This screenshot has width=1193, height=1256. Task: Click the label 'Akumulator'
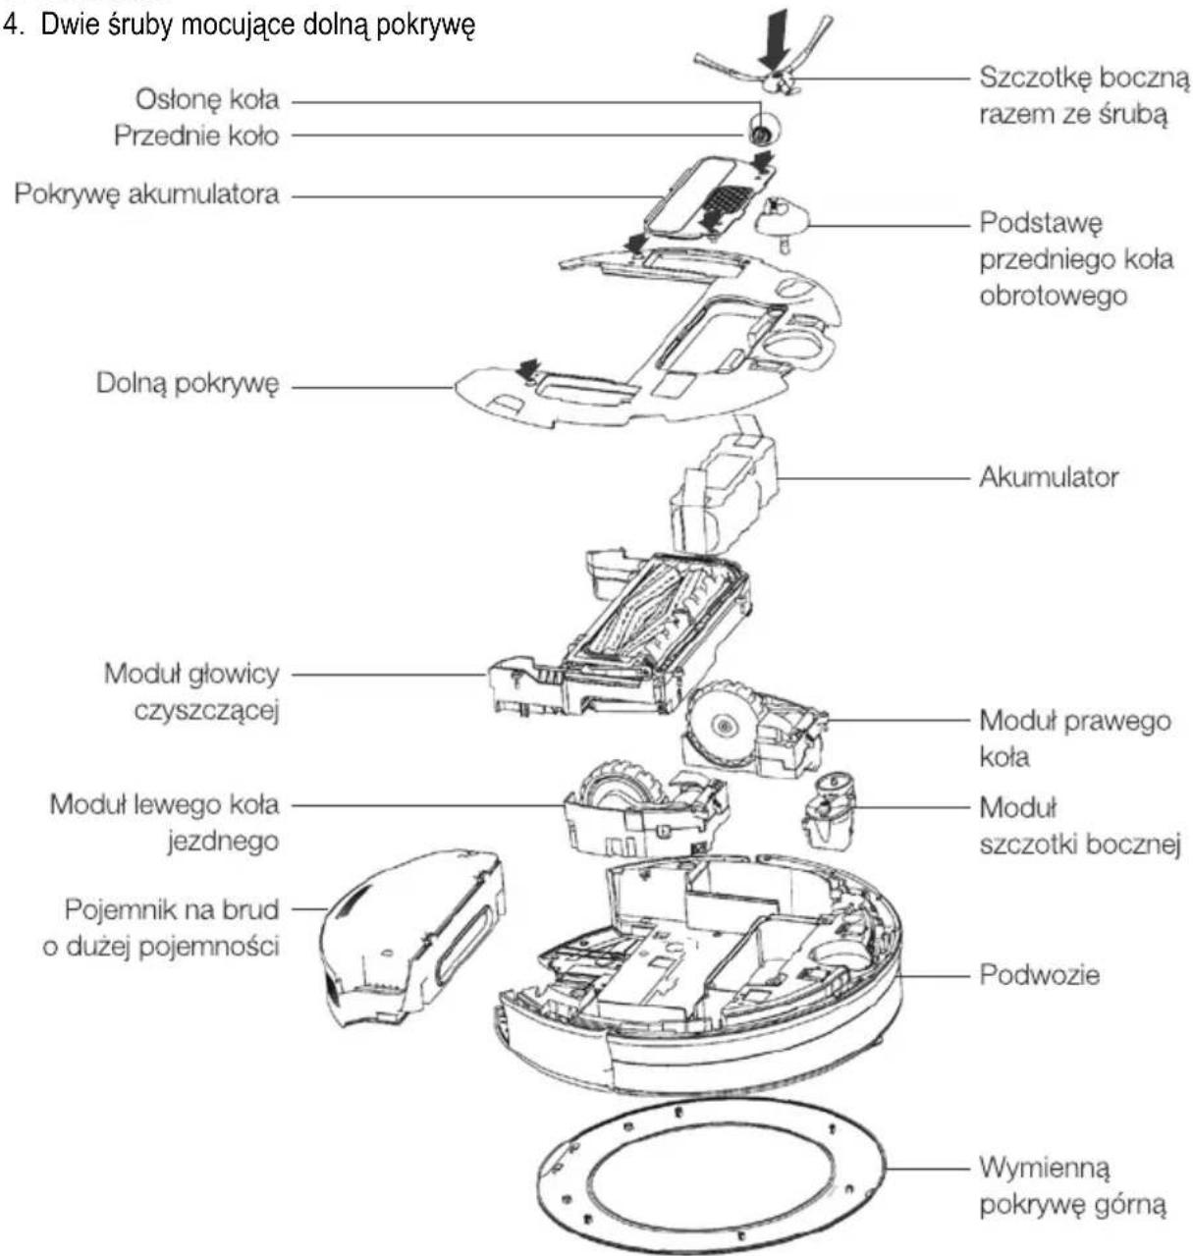(1049, 477)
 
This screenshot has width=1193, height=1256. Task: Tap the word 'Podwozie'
(1040, 975)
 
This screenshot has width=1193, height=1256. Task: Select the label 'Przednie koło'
(196, 136)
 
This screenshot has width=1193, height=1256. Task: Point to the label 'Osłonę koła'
(208, 99)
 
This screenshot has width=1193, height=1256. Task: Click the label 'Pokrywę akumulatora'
(147, 193)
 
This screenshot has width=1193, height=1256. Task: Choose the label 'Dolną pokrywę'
(188, 383)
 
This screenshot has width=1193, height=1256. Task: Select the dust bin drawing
(412, 937)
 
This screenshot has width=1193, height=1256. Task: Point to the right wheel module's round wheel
(722, 724)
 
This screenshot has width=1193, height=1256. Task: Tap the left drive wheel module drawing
(645, 809)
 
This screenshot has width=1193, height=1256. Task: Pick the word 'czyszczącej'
(206, 710)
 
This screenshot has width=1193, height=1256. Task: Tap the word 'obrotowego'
(1053, 296)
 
